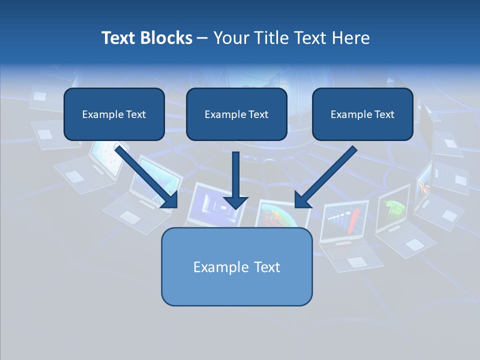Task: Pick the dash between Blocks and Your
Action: point(202,38)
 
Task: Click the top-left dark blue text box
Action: point(114,114)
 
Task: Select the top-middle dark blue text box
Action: point(236,114)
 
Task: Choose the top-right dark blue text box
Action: point(362,114)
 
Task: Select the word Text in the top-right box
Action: point(383,114)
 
